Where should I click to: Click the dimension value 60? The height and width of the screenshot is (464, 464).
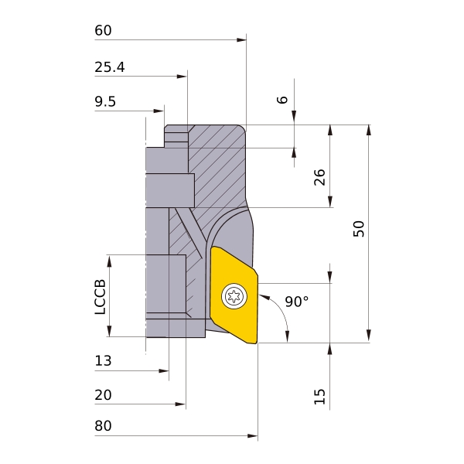(x=103, y=30)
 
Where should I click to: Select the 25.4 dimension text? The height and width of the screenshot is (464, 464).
(x=110, y=67)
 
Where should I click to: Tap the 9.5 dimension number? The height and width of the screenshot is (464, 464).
(x=105, y=101)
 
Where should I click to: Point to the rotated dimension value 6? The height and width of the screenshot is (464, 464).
(x=282, y=100)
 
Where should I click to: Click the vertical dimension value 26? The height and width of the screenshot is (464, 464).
(x=319, y=177)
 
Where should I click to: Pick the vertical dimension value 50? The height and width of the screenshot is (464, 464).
(x=359, y=229)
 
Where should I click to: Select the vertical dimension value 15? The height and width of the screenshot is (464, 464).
(x=319, y=397)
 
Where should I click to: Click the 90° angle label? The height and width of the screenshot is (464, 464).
(x=297, y=302)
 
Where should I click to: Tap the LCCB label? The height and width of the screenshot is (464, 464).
(x=100, y=297)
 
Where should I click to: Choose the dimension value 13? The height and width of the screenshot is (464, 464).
(x=103, y=360)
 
